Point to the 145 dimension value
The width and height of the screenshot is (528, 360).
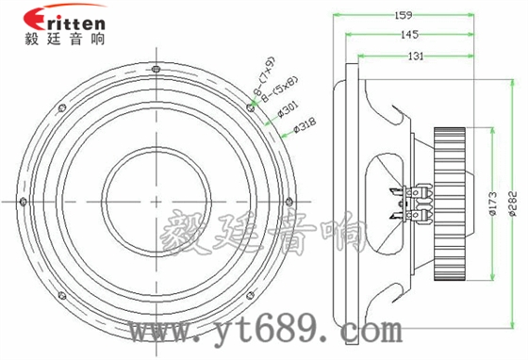408,33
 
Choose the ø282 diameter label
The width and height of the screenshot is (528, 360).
512,202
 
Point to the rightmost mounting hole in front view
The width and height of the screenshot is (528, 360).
287,199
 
